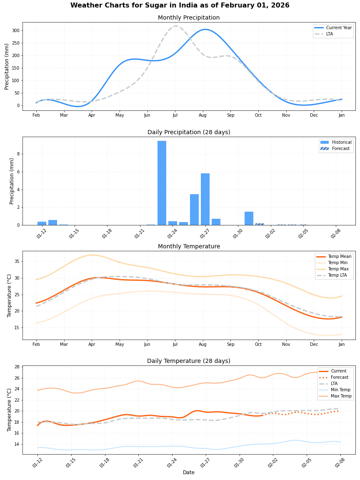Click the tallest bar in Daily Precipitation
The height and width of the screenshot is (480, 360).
[162, 183]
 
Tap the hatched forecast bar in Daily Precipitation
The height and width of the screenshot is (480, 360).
[260, 224]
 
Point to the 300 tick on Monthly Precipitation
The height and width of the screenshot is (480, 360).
[15, 30]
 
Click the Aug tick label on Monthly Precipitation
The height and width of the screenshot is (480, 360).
[202, 115]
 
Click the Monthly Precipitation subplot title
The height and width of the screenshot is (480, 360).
[189, 17]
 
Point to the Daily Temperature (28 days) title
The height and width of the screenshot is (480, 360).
[189, 361]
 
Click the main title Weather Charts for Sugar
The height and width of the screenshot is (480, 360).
[180, 5]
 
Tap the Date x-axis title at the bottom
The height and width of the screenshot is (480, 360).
[189, 472]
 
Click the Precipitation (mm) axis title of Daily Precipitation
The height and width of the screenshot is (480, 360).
[12, 181]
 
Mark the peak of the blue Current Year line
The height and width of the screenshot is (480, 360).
[205, 29]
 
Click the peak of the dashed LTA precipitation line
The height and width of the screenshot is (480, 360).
[175, 26]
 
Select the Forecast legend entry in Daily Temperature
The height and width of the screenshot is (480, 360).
[339, 377]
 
